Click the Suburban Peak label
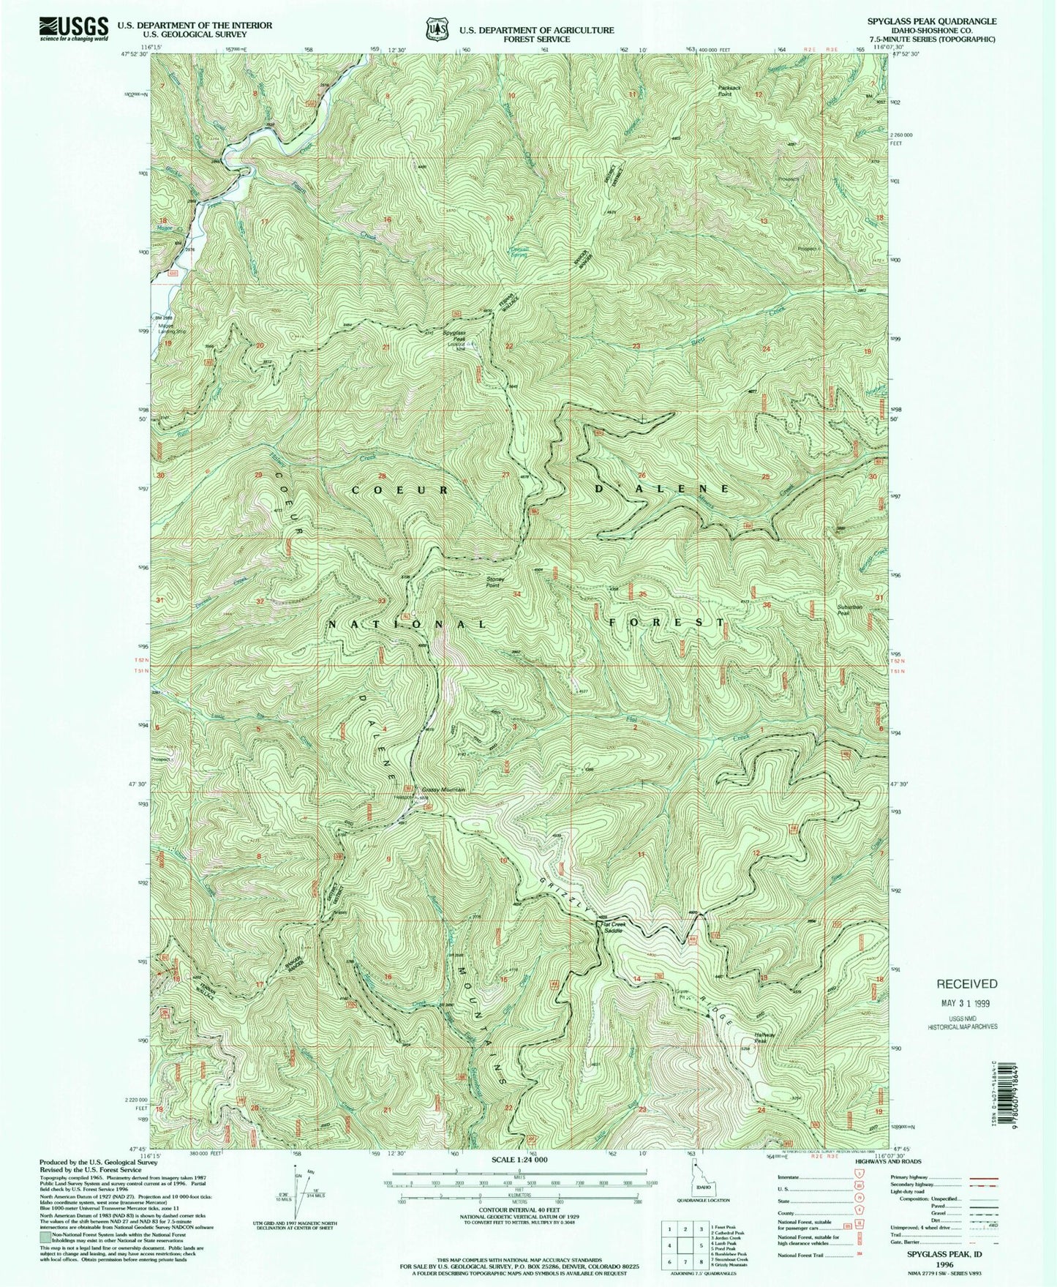click(x=849, y=609)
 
